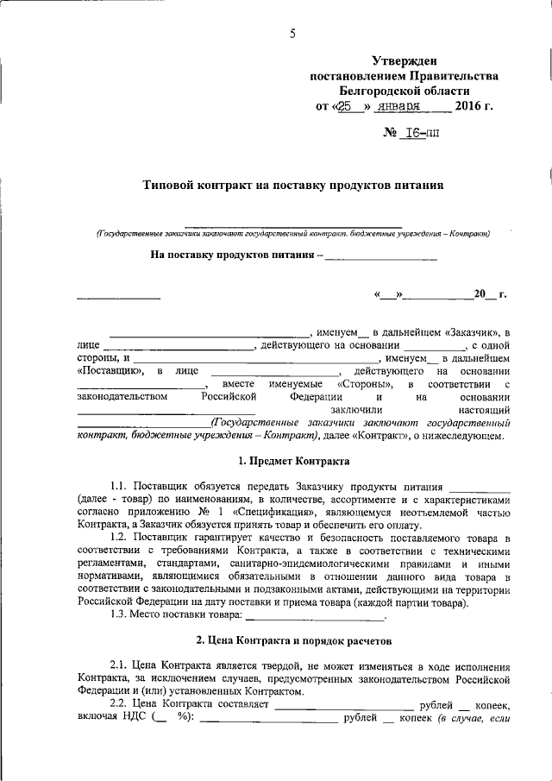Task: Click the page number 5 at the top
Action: click(x=292, y=34)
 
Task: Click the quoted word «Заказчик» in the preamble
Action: click(x=475, y=332)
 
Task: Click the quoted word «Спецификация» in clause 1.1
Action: click(x=270, y=513)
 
